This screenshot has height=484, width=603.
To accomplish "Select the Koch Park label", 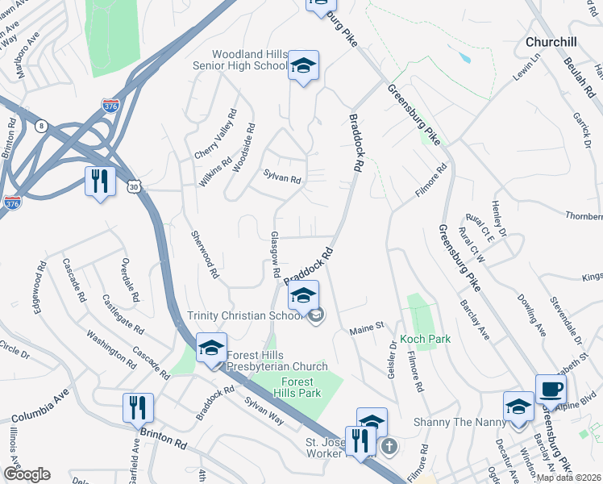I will [426, 340].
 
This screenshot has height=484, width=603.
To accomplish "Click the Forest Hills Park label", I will [301, 387].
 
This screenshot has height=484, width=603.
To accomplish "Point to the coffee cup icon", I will [551, 390].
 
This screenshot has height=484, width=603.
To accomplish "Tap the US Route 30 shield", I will [131, 187].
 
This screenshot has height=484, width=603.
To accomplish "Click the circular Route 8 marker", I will [41, 125].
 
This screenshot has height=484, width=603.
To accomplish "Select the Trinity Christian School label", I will [245, 316].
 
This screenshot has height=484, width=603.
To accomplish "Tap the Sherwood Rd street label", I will [203, 254].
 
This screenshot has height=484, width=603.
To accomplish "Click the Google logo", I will [27, 474].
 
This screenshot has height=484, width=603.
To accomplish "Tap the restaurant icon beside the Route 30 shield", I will [100, 181].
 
